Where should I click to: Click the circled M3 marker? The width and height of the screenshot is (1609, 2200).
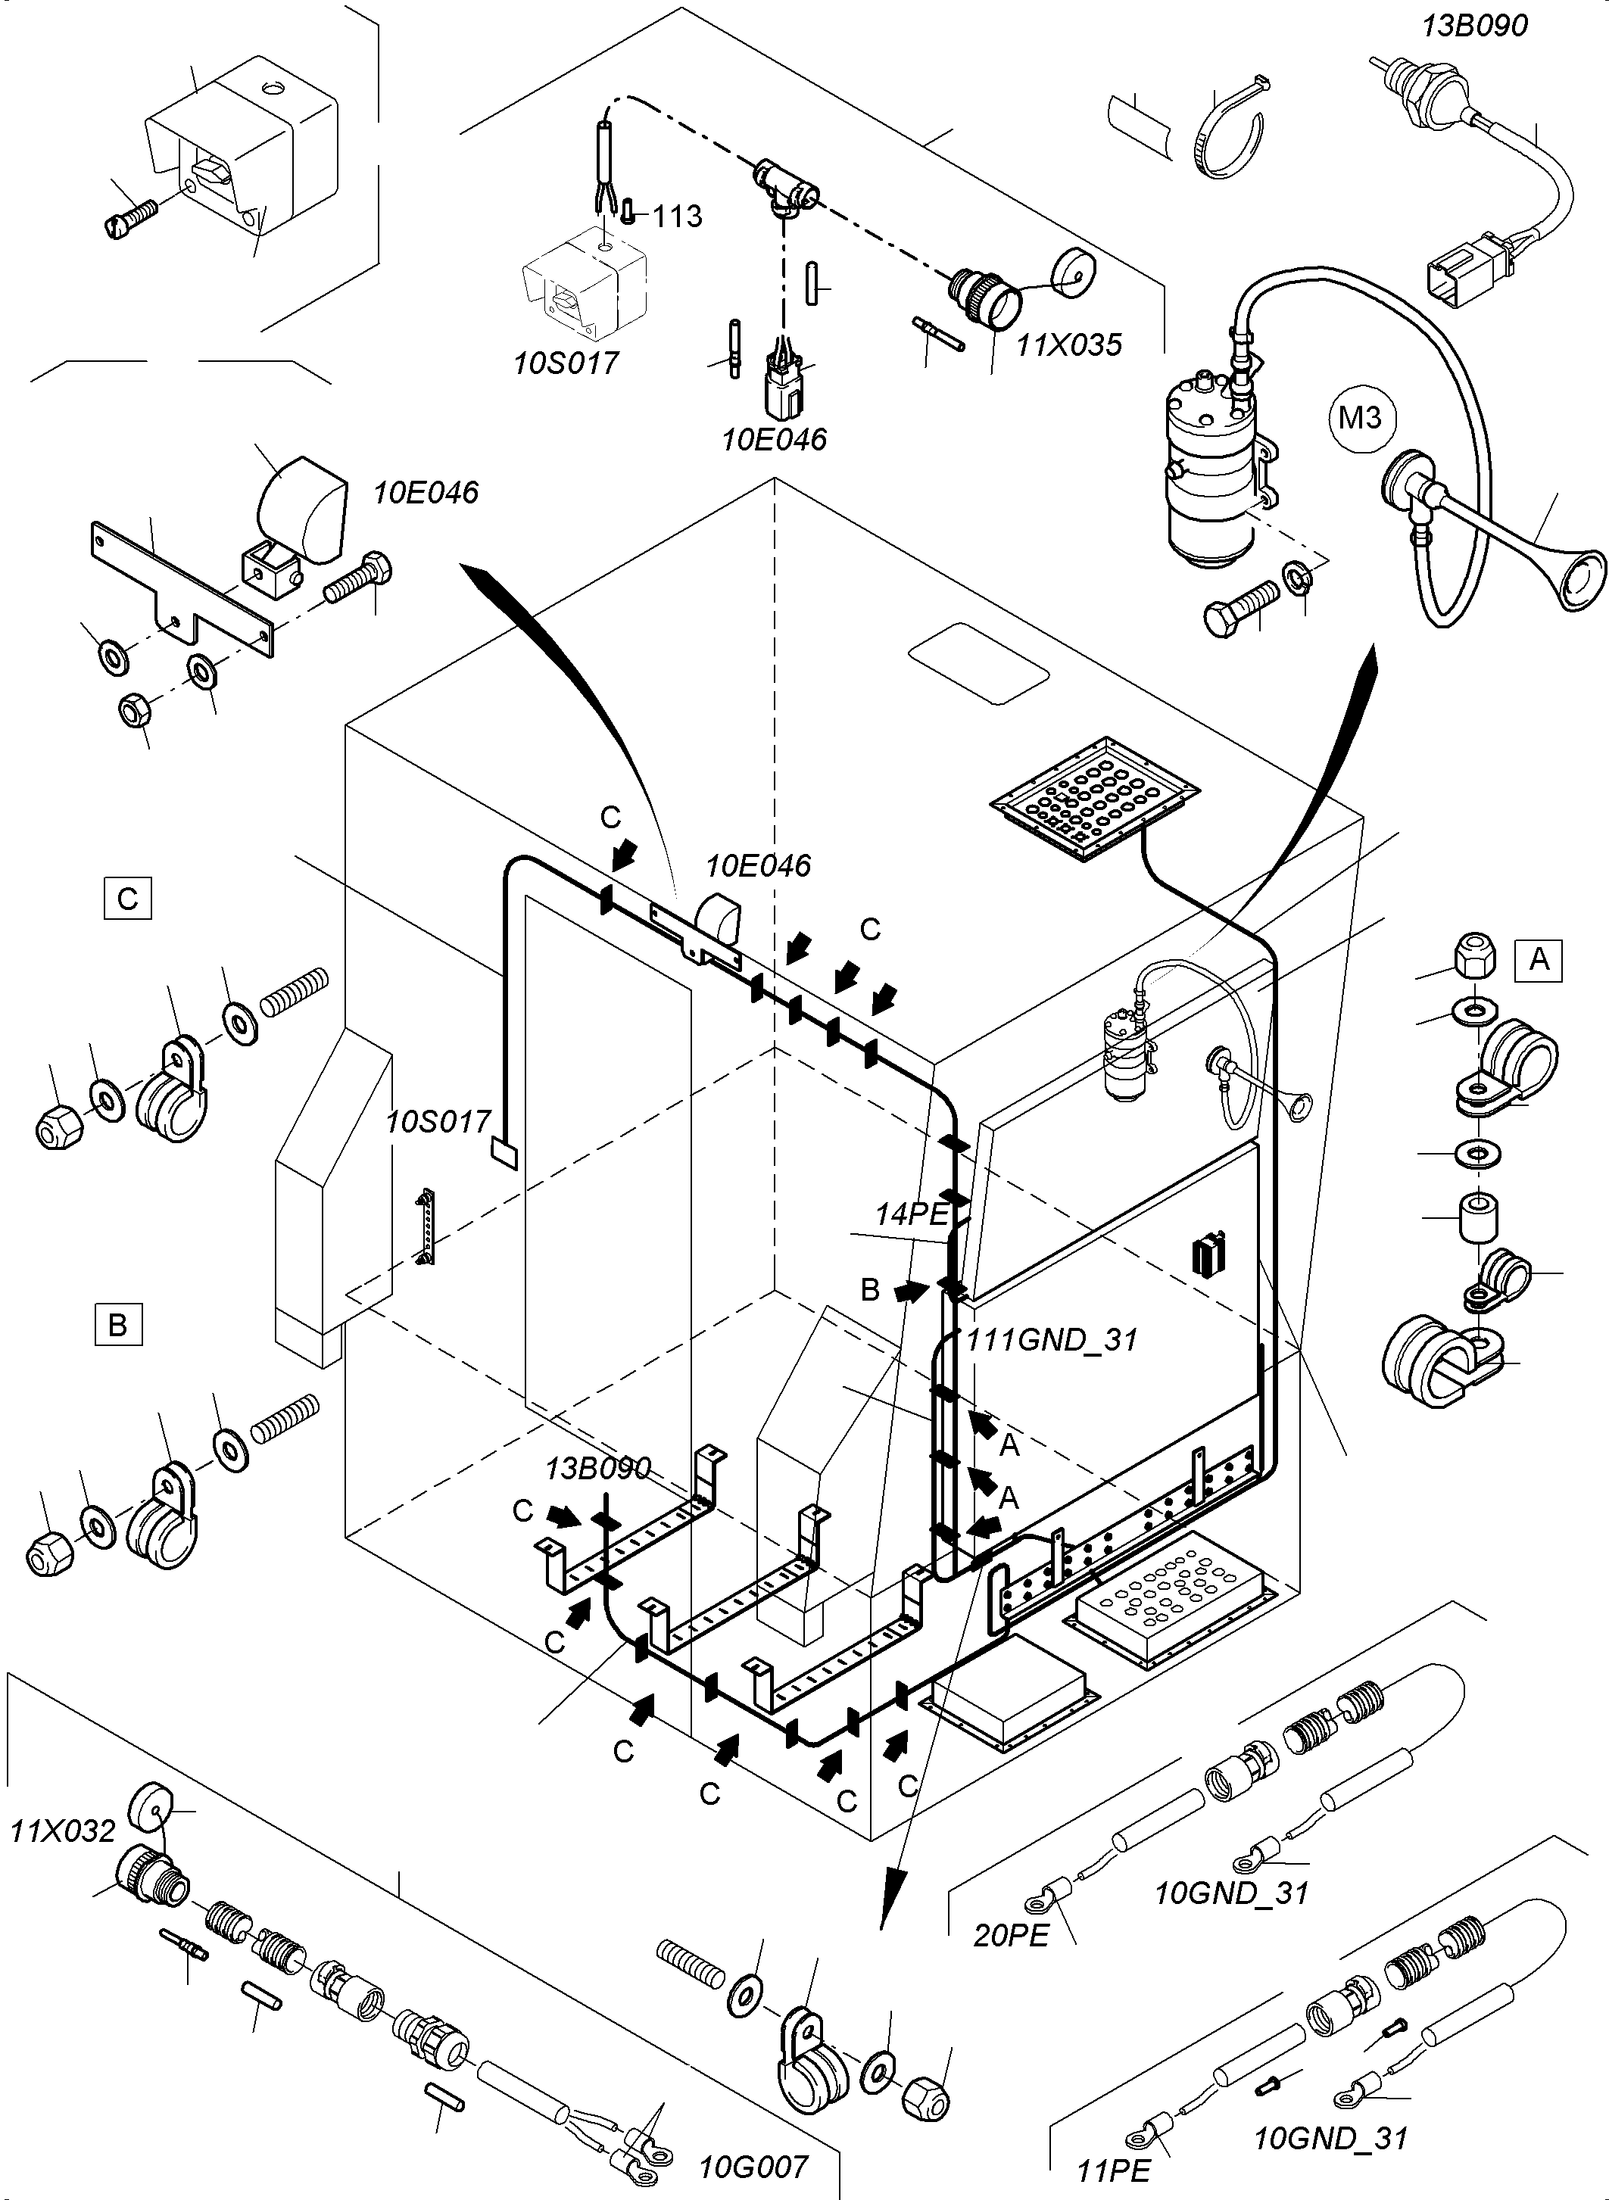(x=1361, y=418)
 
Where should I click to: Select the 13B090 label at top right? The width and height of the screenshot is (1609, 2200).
(x=1474, y=25)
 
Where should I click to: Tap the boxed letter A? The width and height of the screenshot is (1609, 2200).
(x=1539, y=960)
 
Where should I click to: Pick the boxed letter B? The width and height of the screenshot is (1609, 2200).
(x=118, y=1325)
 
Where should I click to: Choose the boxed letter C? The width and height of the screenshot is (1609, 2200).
(x=128, y=898)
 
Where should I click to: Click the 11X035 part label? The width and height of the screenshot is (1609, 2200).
(x=1069, y=344)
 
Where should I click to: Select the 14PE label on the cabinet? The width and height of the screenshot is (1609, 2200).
(x=911, y=1214)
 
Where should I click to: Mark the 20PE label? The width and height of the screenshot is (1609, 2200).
(x=1011, y=1935)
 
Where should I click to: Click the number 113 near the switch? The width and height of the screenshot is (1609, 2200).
(x=677, y=217)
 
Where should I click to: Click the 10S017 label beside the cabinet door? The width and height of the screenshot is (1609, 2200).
(x=438, y=1122)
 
